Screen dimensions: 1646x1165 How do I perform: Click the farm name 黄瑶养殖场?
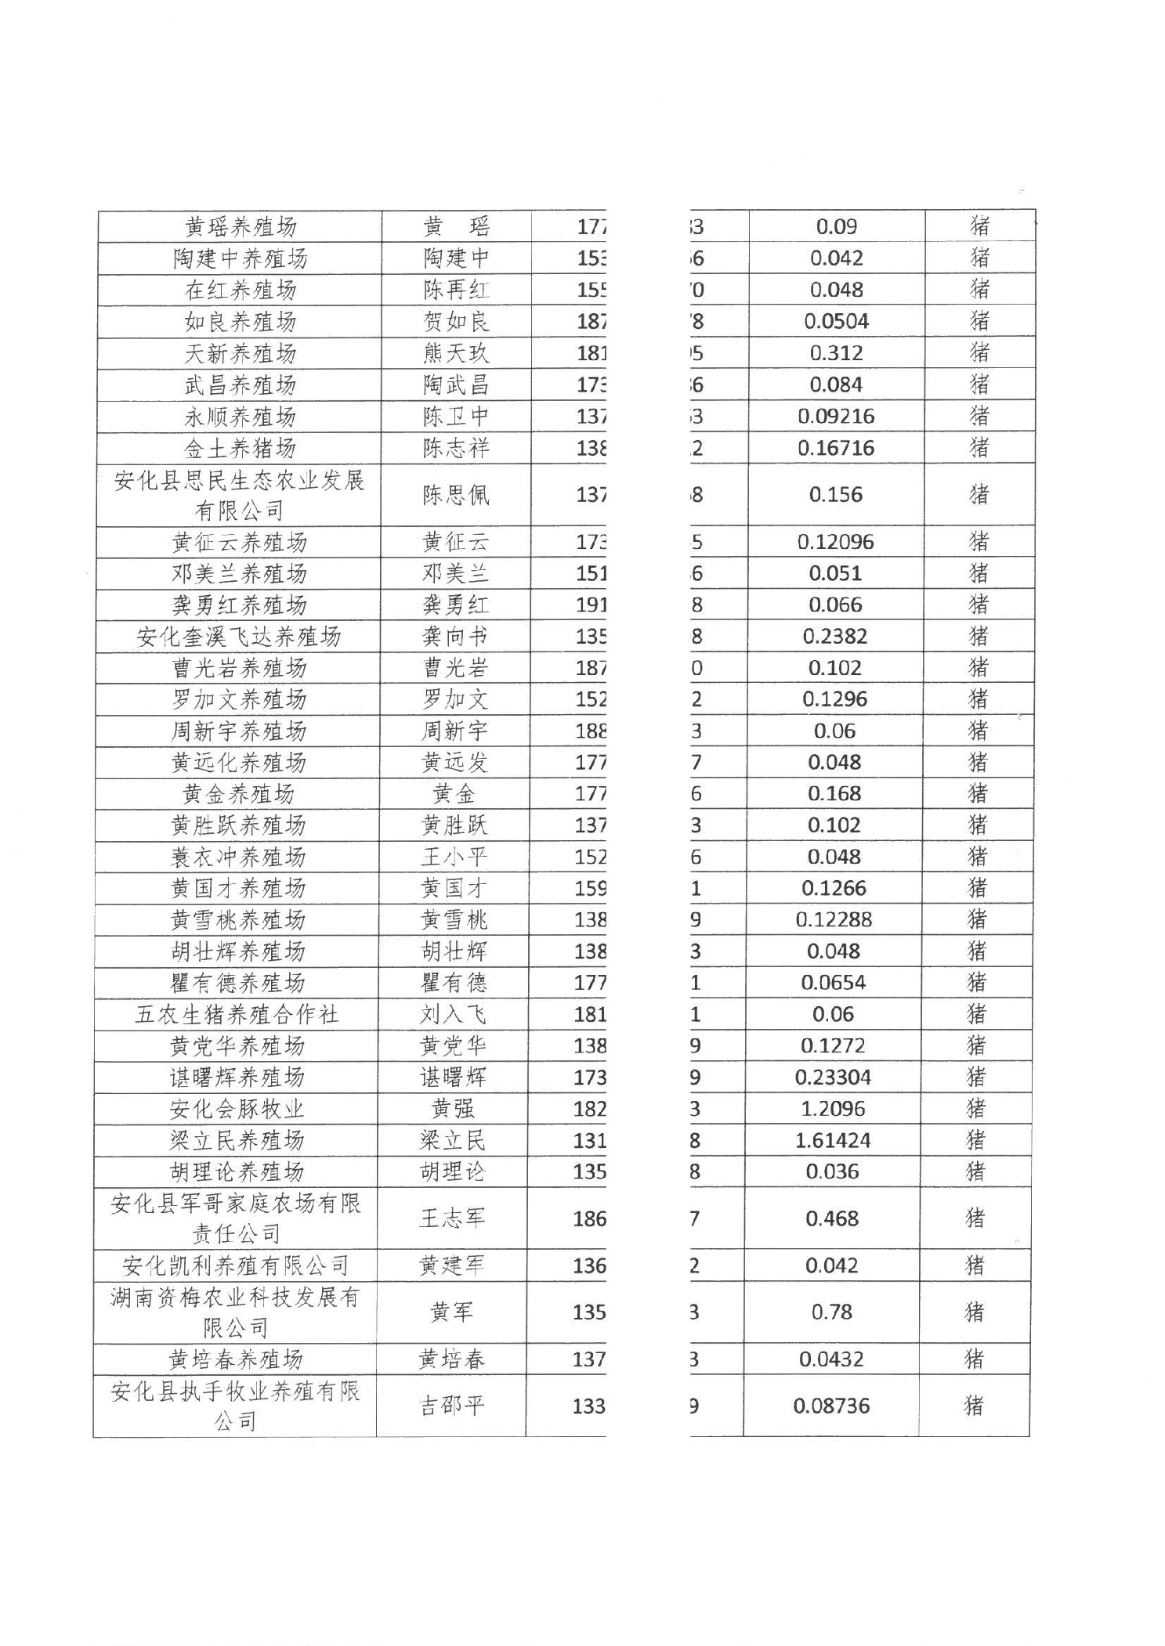click(x=241, y=227)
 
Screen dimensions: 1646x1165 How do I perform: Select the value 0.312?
click(x=836, y=353)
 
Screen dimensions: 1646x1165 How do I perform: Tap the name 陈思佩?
click(x=456, y=495)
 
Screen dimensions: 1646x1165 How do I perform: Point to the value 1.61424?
click(x=833, y=1140)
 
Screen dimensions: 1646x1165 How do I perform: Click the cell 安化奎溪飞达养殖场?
click(x=239, y=637)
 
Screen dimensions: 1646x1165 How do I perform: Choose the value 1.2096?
click(x=833, y=1109)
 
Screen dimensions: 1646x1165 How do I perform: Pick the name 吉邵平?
click(x=452, y=1406)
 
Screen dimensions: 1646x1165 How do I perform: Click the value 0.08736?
click(x=831, y=1406)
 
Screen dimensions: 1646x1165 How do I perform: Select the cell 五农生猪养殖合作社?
click(x=237, y=1015)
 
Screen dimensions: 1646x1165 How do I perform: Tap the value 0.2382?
click(x=834, y=636)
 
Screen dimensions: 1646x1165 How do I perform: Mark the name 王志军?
click(x=453, y=1218)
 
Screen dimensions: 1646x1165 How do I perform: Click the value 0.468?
click(x=832, y=1218)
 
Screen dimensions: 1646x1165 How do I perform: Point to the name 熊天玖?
click(x=456, y=353)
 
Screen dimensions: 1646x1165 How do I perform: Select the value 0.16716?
click(x=836, y=448)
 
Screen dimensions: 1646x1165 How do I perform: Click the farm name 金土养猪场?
click(x=240, y=448)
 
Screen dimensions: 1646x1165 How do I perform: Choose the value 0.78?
click(x=832, y=1312)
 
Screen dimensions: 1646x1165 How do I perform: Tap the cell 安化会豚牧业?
click(x=237, y=1109)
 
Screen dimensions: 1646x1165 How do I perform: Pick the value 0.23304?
click(x=833, y=1077)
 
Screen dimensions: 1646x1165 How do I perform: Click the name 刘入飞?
click(x=453, y=1015)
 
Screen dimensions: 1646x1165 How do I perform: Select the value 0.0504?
click(x=836, y=321)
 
